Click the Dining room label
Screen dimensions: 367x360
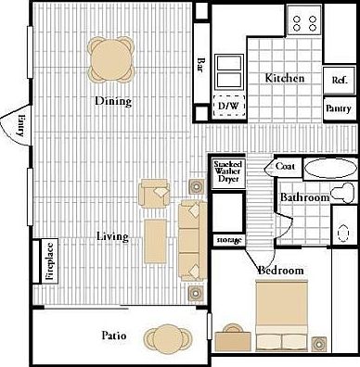click(x=111, y=101)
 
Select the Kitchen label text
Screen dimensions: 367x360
click(x=285, y=79)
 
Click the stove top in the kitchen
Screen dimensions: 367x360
click(x=303, y=20)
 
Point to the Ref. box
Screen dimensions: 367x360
click(x=339, y=81)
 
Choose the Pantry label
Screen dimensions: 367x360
click(x=338, y=108)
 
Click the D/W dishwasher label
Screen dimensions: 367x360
click(x=226, y=108)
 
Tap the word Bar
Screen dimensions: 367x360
click(x=200, y=66)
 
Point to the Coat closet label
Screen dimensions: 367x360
click(x=285, y=167)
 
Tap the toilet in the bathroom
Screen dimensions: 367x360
click(x=345, y=192)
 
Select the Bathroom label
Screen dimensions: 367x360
click(x=305, y=197)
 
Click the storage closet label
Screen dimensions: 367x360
click(x=228, y=240)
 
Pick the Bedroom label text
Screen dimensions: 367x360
click(x=281, y=270)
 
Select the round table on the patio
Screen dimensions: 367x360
click(x=168, y=336)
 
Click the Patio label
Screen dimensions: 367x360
click(x=114, y=335)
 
